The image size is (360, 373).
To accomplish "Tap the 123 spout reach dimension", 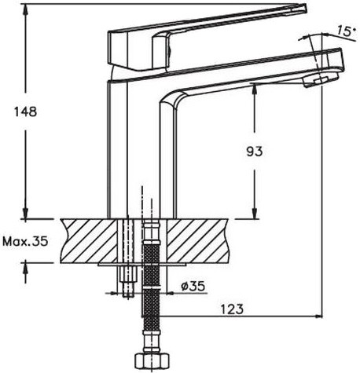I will pyautogui.click(x=230, y=309).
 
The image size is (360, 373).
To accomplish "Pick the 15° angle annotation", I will pyautogui.click(x=343, y=32).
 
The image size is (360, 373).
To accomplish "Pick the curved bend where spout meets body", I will pyautogui.click(x=171, y=101).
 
